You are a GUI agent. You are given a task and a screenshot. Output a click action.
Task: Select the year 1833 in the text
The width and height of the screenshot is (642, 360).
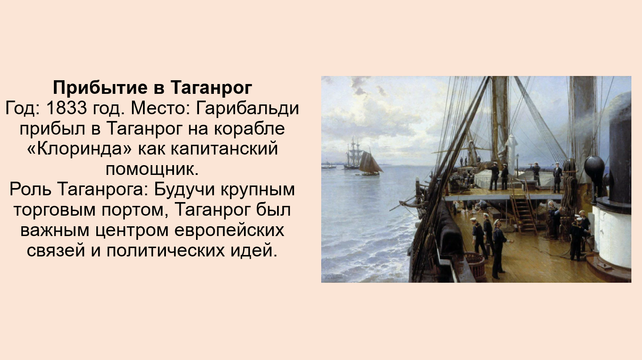pos(66,108)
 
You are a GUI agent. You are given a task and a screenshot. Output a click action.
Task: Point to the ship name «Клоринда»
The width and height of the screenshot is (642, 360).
pos(79,149)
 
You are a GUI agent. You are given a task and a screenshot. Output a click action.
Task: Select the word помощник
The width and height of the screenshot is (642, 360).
pos(152,169)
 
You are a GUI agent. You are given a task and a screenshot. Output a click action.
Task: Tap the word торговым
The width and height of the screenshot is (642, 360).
pos(54,210)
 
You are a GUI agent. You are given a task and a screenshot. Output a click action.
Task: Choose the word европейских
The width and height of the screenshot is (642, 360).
pos(229,231)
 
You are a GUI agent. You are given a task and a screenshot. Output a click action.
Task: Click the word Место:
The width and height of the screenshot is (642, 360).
pos(160,108)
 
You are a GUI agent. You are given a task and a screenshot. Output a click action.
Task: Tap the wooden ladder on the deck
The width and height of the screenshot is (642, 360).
pos(523,209)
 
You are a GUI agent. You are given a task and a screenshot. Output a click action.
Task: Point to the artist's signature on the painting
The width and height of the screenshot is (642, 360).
pos(333,276)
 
